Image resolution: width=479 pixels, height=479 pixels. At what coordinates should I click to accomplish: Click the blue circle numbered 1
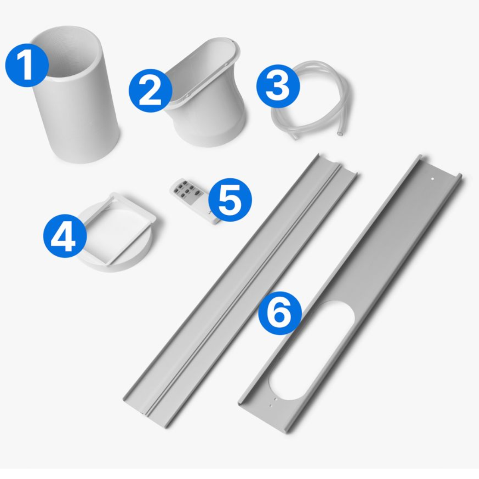coord(27,65)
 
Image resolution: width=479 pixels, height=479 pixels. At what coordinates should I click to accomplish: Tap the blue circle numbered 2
coord(150,91)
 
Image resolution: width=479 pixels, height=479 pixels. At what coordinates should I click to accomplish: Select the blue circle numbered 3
coord(278,86)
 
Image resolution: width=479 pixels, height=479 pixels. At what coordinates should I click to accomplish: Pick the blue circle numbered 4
coord(65,236)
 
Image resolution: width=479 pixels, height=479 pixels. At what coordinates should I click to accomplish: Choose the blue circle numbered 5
coord(230,200)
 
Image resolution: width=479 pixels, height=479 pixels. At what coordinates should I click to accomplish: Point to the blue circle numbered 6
coord(280,313)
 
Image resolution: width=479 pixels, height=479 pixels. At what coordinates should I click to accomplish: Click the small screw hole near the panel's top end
coord(433,178)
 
